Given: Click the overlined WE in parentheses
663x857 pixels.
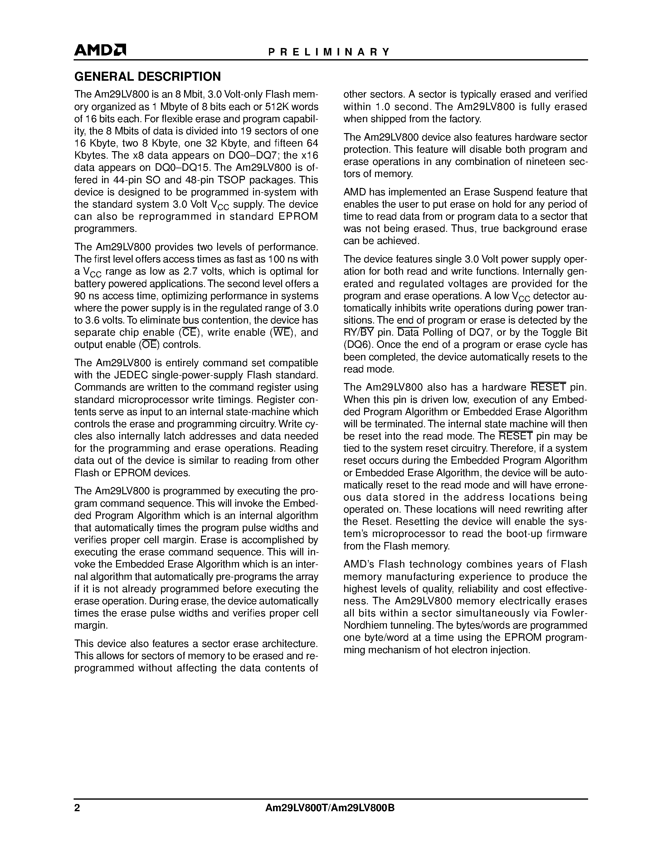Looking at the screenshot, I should coord(281,333).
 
